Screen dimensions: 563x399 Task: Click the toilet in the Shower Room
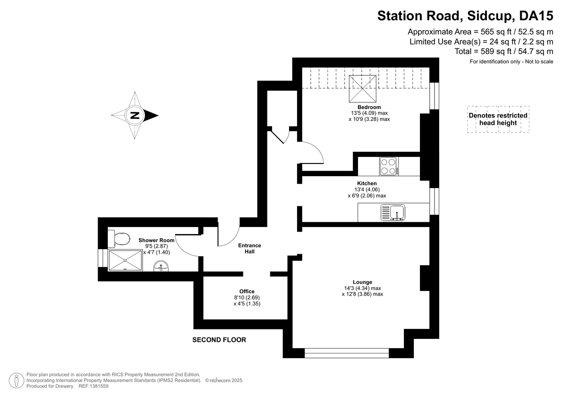coord(119,239)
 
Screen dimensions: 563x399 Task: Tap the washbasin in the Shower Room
coord(161,266)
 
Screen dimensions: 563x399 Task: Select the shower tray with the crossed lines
coord(125,260)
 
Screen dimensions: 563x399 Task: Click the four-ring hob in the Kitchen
coord(389,166)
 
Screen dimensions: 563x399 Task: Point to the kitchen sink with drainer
coord(393,213)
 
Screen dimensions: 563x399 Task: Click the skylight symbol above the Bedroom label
coord(362,89)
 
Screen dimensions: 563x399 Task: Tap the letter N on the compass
coord(135,116)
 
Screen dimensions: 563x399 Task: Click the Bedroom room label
coord(369,107)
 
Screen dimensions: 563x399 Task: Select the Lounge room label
coord(362,282)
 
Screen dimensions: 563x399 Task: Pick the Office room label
coord(247,291)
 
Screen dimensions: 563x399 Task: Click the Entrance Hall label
coord(250,249)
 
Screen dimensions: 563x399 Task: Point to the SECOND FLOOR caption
coord(219,340)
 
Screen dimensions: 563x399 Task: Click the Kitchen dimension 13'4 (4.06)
coord(367,189)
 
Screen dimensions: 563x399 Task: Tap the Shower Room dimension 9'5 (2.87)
coord(156,246)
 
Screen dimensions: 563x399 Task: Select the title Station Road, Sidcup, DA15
coord(465,16)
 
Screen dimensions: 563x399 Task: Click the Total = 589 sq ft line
coord(504,51)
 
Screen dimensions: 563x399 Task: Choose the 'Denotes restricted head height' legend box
coord(498,119)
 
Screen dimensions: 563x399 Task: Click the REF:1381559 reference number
coord(93,386)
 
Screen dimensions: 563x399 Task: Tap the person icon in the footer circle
coord(16,380)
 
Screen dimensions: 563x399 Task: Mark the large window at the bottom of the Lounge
coord(347,353)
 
